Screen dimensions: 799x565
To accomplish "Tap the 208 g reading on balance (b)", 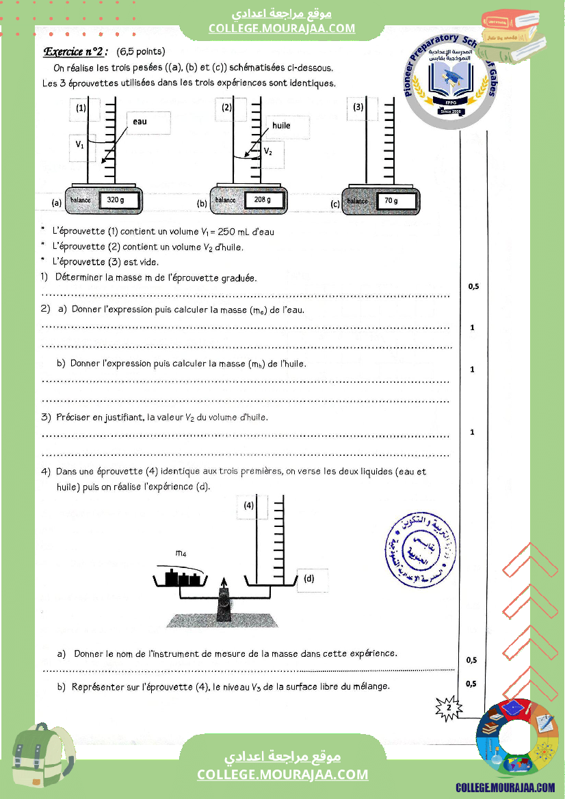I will pos(263,200).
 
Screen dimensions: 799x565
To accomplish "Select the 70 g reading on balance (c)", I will pos(391,201).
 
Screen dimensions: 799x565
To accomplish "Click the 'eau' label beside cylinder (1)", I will pos(140,121).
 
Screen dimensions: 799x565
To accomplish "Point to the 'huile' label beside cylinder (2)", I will pos(281,126).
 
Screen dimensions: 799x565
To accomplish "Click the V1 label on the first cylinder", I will pos(80,145).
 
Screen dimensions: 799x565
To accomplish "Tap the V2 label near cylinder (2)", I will pos(269,152).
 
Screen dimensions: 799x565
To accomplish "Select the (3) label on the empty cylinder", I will pos(358,107).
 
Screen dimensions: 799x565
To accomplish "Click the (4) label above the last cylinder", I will pos(249,506).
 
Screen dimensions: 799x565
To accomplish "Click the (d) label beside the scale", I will pos(309,579).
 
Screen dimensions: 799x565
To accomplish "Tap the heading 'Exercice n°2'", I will pos(76,51).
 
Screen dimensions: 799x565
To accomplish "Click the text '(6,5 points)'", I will pos(141,51).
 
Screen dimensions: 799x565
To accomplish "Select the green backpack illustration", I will pos(45,758).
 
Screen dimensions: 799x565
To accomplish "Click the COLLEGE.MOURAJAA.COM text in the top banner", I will pos(282,28).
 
